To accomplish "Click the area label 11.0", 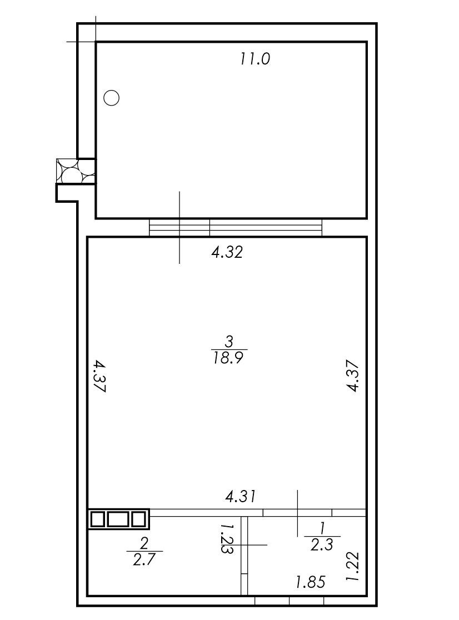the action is coord(255,58).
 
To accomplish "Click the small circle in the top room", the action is coord(112,98).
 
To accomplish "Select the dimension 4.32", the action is coord(227,253).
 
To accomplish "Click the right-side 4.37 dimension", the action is coord(353,377).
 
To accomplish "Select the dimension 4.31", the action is coord(241,496).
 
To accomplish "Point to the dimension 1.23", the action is coord(227,538).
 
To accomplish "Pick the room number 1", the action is coord(322,528).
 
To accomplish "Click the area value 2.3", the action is coord(322,545).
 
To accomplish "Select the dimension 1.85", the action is coord(310,582).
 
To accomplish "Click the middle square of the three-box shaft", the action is coord(118,519).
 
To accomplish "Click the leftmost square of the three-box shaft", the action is coord(97,519).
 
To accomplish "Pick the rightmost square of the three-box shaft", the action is coord(138,519).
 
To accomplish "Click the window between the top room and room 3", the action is coord(236,227).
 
